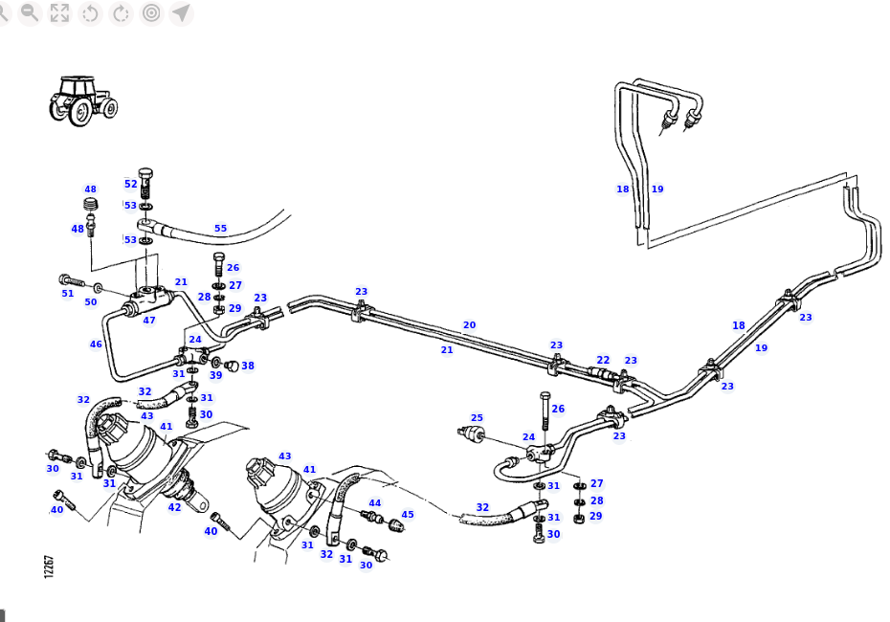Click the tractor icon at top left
tap(82, 100)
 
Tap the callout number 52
tap(130, 184)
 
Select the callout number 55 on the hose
tap(220, 229)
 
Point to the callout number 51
tap(67, 294)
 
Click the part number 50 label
tap(90, 302)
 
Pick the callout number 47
tap(148, 321)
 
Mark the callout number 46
tap(96, 344)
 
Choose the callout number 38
tap(248, 366)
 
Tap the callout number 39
tap(215, 375)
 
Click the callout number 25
tap(477, 418)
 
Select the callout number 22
tap(603, 360)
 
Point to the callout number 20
tap(469, 325)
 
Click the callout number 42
tap(174, 507)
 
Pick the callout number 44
tap(374, 502)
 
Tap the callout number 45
tap(407, 514)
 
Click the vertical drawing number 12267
tap(49, 566)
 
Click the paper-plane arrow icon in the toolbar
tap(181, 12)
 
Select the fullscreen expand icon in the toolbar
tap(59, 12)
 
